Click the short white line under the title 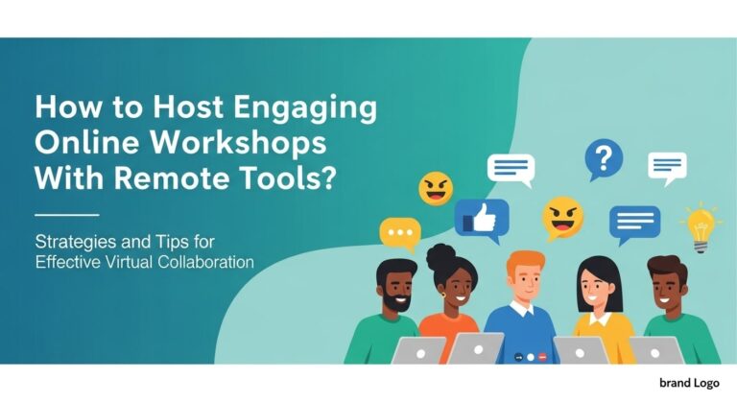(x=65, y=215)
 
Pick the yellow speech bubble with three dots (x=399, y=233)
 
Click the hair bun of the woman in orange (x=441, y=256)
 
